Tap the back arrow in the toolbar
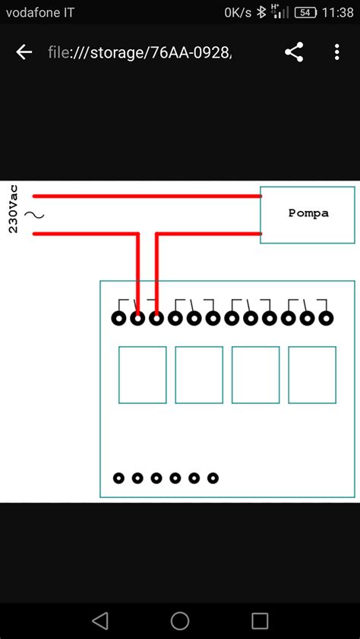24,52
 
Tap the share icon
294,52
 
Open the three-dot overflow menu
337,52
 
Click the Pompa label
308,213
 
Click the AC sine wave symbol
34,215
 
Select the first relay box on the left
142,375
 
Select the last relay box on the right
312,375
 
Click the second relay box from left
199,375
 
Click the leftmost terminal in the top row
119,319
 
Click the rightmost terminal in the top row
327,319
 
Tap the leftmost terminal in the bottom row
119,478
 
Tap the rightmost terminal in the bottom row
213,478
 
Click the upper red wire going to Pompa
144,195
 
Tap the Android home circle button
180,621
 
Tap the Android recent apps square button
260,621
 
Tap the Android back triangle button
100,621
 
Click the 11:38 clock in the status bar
338,12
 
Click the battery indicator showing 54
305,12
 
